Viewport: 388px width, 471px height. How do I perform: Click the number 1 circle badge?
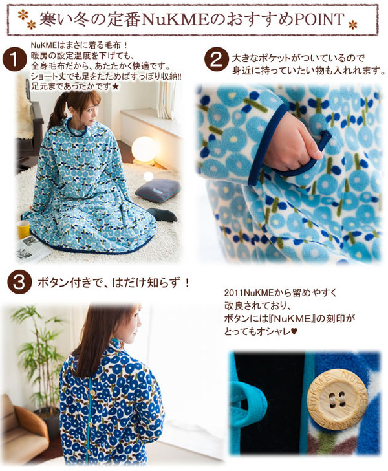tap(15, 60)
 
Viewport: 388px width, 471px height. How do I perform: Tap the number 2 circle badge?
tap(216, 60)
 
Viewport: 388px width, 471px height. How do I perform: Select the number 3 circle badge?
tap(19, 282)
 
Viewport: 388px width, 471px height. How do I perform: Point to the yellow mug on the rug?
tap(23, 229)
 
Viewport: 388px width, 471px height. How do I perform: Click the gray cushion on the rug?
tap(158, 190)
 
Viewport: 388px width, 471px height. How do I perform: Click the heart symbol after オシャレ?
tap(294, 332)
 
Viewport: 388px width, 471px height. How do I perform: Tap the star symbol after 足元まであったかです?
tap(116, 87)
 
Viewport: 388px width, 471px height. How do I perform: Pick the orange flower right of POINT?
tap(352, 25)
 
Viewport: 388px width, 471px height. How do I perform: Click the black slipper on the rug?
tap(162, 215)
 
